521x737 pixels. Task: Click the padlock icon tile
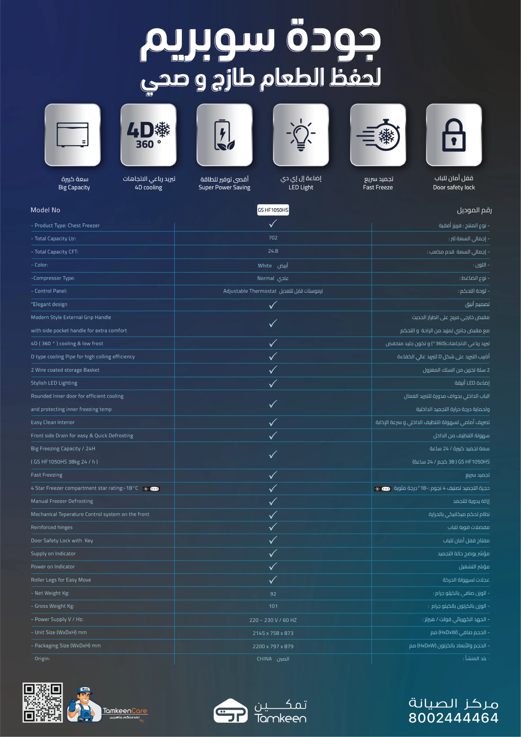tap(454, 135)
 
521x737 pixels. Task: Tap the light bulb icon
tap(301, 135)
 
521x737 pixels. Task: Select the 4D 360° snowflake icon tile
tap(148, 135)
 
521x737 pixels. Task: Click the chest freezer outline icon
tap(73, 135)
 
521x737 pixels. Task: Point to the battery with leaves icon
tap(225, 135)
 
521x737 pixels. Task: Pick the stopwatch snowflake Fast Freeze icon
tap(378, 135)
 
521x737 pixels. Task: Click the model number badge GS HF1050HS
tap(273, 210)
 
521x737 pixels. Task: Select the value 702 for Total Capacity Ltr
tap(273, 238)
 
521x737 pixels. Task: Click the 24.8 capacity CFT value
tap(273, 251)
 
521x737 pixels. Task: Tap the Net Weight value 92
tap(273, 594)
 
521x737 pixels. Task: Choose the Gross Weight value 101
tap(273, 606)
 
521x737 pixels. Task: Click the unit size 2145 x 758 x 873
tap(273, 633)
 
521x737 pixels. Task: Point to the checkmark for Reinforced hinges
tap(273, 527)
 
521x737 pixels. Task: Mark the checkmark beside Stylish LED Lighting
tap(273, 383)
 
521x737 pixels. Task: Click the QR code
tap(43, 703)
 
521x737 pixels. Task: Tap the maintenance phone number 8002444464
tap(453, 718)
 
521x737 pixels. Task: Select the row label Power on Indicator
tap(53, 567)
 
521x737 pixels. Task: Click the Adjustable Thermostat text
tap(250, 291)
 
